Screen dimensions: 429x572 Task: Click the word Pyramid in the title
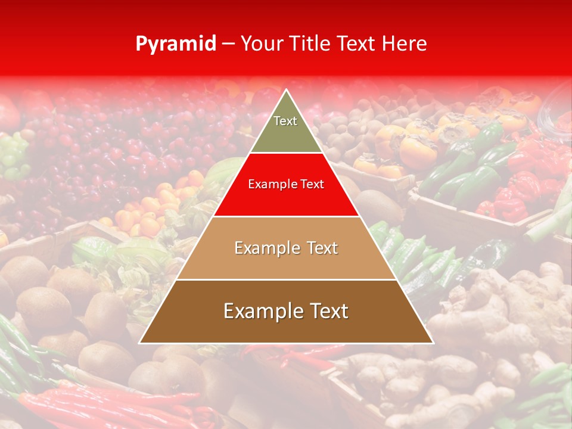[175, 44]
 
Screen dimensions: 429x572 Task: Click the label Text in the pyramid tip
[285, 121]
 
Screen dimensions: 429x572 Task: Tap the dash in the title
[228, 43]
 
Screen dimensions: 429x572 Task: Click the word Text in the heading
[356, 43]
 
